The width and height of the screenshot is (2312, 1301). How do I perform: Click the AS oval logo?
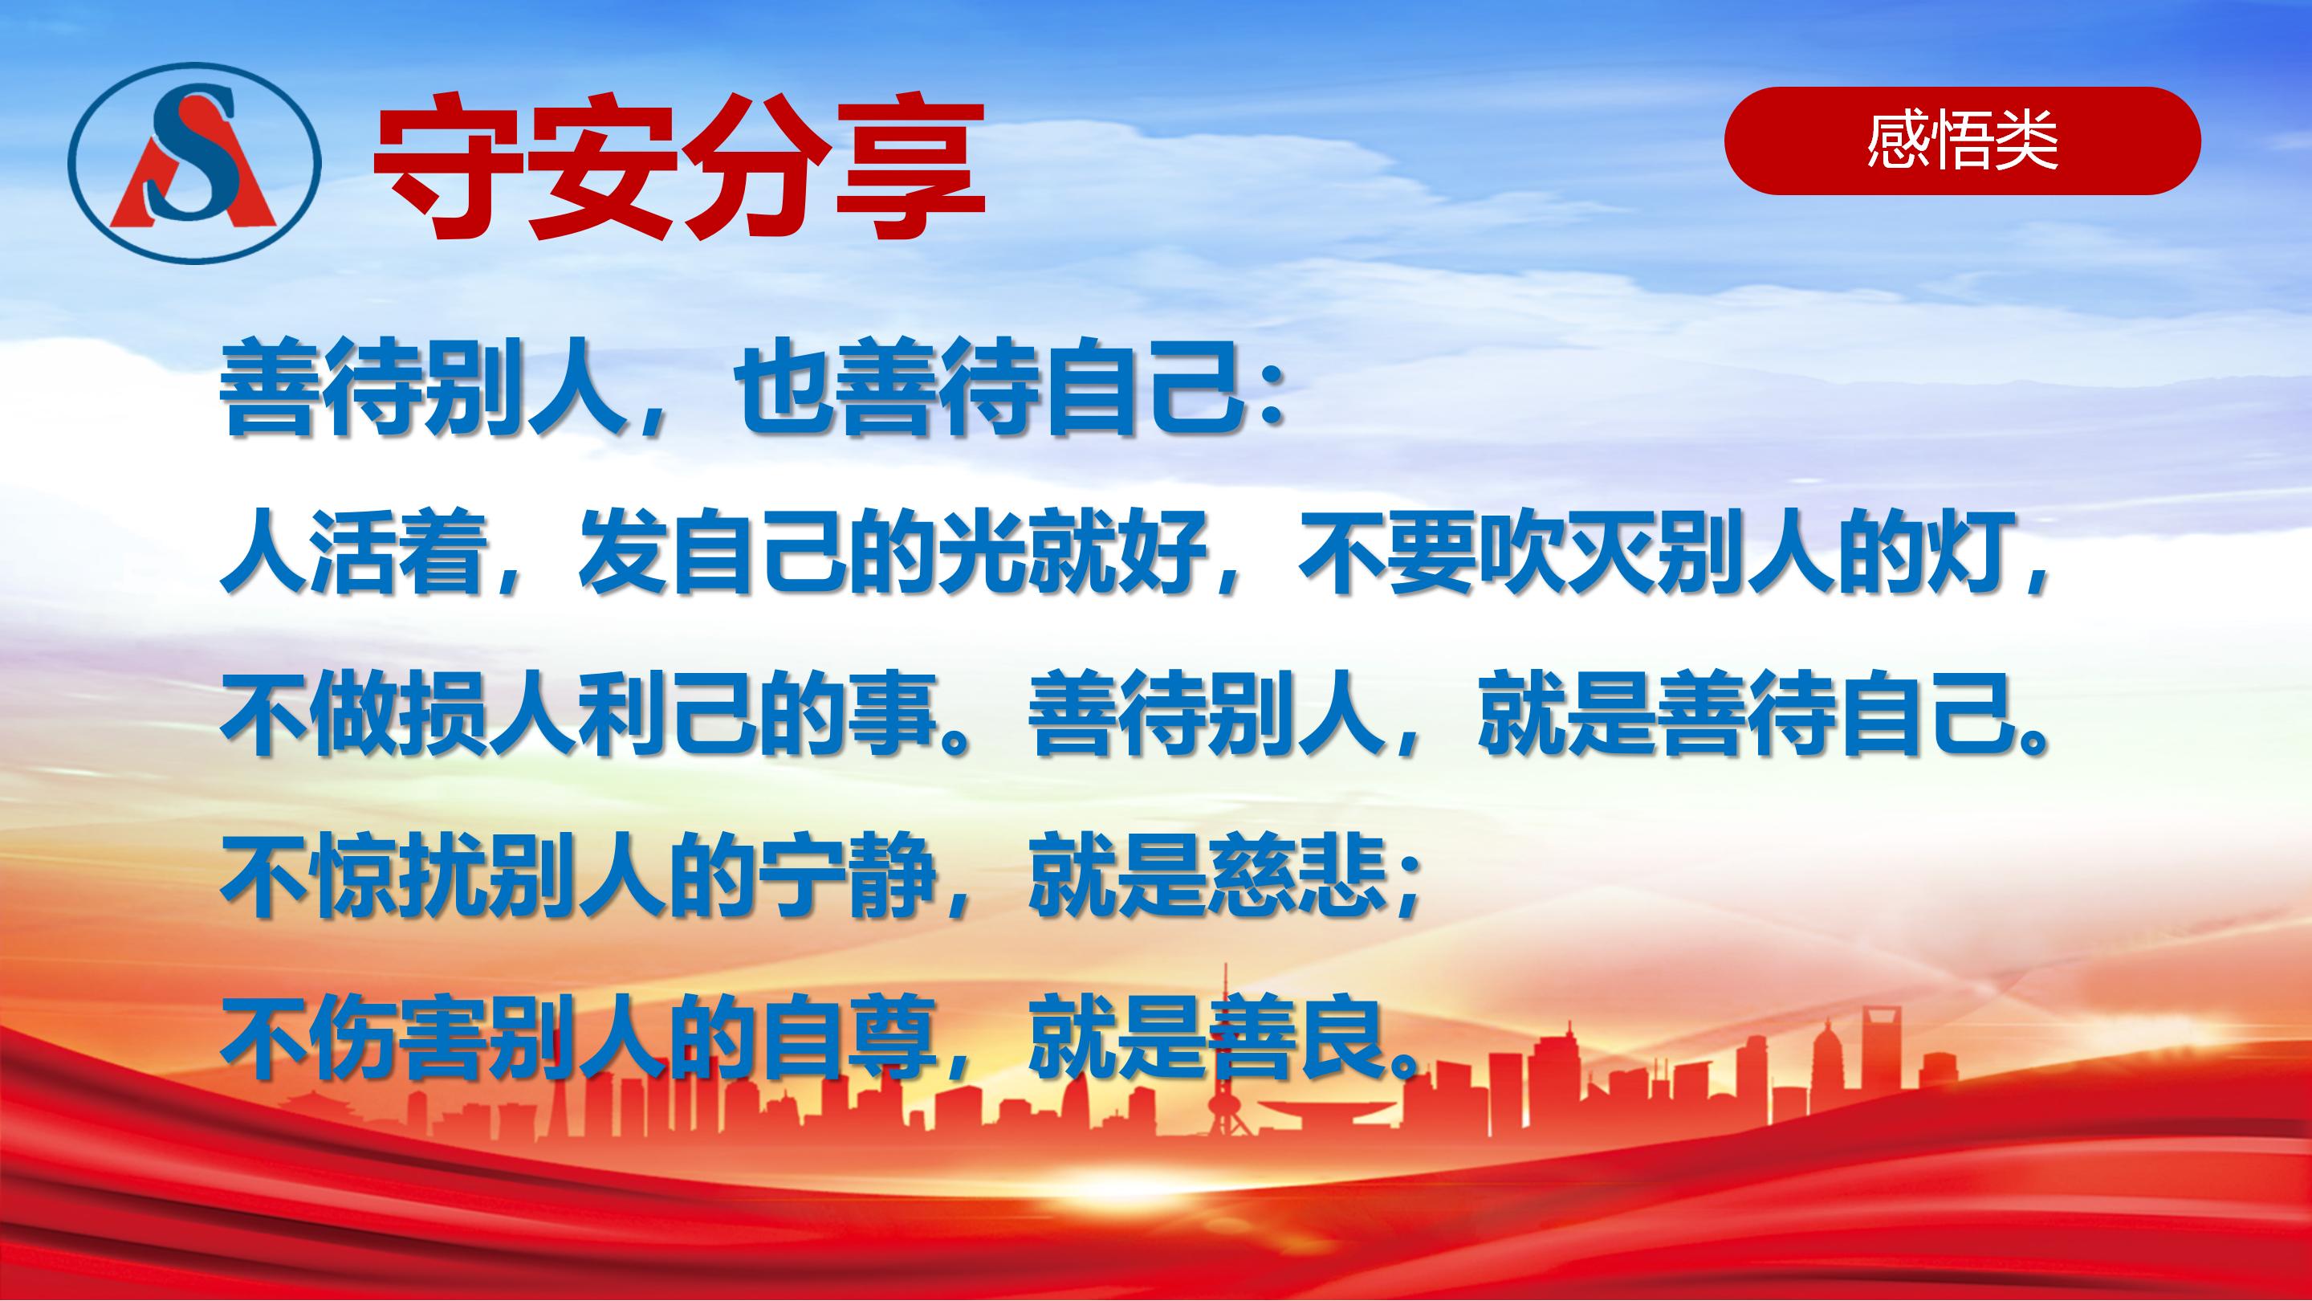pos(195,162)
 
